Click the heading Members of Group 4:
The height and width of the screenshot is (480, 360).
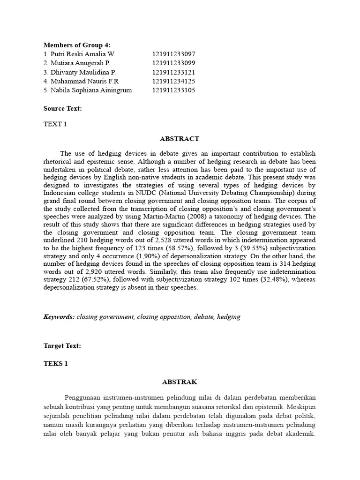[x=77, y=45]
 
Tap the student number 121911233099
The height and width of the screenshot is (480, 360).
[x=173, y=63]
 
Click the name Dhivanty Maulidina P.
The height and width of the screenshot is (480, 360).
[x=80, y=72]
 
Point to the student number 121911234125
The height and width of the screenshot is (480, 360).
[x=173, y=81]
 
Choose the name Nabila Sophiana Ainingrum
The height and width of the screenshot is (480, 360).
[x=88, y=90]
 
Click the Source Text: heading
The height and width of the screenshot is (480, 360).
[x=63, y=108]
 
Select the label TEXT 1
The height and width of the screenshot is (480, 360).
[x=55, y=124]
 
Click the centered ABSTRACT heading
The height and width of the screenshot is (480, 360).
[x=180, y=139]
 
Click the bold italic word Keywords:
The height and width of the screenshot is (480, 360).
[x=59, y=317]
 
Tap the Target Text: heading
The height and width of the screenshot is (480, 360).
[x=62, y=345]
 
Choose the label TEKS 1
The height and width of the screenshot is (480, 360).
[x=56, y=363]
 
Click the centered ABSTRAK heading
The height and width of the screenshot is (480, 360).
[x=180, y=382]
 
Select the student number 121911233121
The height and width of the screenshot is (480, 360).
[x=173, y=72]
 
